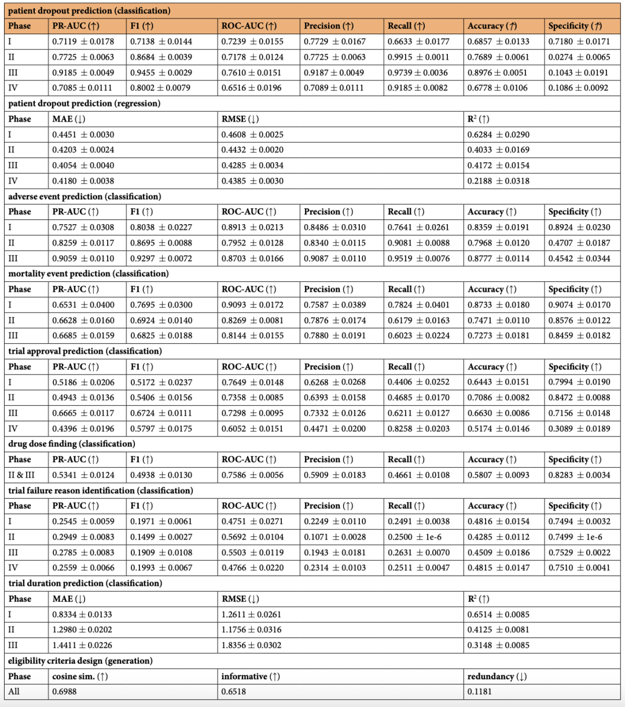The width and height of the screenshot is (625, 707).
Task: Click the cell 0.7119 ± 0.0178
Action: click(83, 42)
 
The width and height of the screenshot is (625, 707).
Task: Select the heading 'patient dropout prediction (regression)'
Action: click(84, 104)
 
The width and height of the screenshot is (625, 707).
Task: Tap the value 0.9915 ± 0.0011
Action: click(418, 57)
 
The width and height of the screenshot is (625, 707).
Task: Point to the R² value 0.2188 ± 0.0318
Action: click(498, 181)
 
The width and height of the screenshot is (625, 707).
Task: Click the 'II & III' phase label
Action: click(21, 475)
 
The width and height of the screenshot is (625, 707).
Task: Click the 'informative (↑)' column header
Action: click(250, 676)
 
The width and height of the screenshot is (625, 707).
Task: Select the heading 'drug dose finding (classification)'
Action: click(72, 444)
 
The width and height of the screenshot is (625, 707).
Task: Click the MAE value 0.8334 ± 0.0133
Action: click(82, 614)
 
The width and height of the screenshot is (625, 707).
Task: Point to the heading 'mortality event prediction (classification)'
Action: click(89, 273)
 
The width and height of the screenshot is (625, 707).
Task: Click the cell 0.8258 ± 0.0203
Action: click(418, 428)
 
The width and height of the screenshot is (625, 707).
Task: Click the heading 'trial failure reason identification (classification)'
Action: click(101, 490)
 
